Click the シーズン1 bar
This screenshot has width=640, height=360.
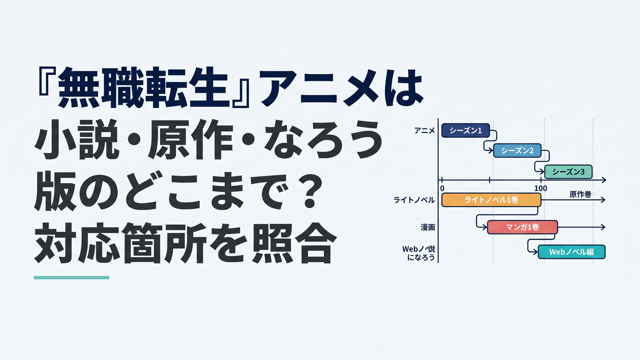pos(466,130)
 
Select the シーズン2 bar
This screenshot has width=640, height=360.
pos(517,151)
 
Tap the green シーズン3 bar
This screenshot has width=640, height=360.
pos(568,172)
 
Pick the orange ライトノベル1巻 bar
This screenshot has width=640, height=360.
pos(491,200)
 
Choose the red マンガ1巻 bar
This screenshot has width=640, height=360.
pos(522,227)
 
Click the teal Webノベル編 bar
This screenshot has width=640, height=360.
pos(571,252)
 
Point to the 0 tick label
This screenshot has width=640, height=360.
pos(442,188)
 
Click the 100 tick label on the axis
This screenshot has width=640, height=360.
pos(541,188)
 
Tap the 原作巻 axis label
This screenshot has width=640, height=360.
pos(580,194)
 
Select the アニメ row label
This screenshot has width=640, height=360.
pos(424,131)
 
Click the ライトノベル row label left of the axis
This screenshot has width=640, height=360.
pos(414,200)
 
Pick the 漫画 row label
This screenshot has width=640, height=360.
pos(428,227)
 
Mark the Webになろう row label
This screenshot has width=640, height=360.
pos(419,253)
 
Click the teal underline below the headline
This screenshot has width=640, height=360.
pos(71,277)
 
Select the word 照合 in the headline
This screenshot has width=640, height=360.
pos(294,244)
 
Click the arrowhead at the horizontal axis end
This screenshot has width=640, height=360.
pos(604,180)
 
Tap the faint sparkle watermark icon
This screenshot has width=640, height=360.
pos(586,304)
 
